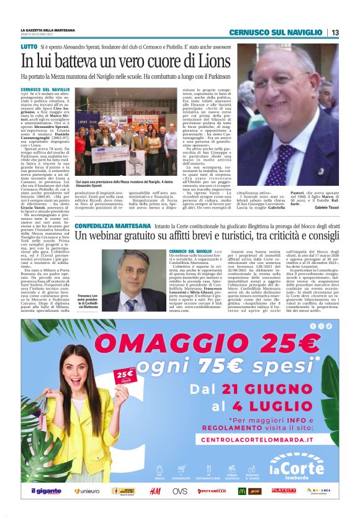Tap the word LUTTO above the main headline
[29, 47]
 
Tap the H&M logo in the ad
[155, 491]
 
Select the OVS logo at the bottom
[180, 491]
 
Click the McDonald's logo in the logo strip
[243, 491]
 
